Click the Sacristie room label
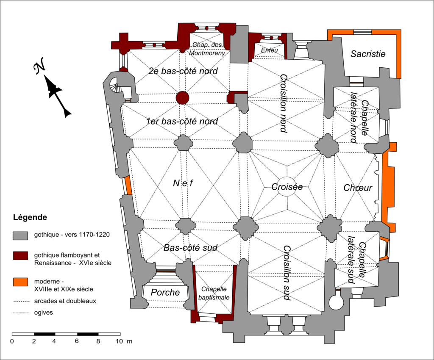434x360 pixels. click(x=368, y=54)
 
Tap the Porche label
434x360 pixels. click(x=165, y=292)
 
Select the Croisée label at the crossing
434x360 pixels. click(x=287, y=186)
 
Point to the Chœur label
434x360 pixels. click(x=358, y=188)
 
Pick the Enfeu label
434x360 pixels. click(x=269, y=50)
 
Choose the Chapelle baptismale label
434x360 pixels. click(x=216, y=293)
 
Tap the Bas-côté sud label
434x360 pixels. click(x=190, y=248)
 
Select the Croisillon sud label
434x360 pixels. click(x=287, y=273)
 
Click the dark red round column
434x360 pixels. click(x=182, y=97)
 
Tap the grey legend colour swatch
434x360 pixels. click(x=20, y=235)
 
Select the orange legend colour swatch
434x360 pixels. click(x=20, y=282)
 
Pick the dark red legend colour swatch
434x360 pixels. click(x=20, y=255)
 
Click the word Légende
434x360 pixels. click(x=30, y=218)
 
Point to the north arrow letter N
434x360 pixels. click(x=40, y=66)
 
